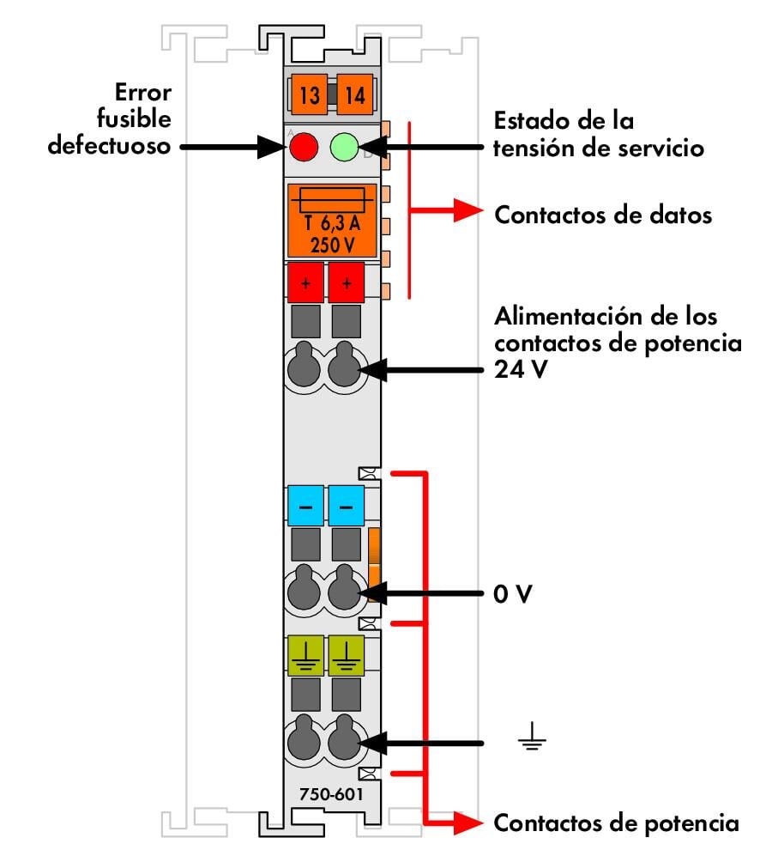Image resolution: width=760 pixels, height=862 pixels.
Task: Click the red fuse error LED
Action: (x=302, y=148)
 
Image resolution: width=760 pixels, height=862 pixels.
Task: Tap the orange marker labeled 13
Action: (x=310, y=95)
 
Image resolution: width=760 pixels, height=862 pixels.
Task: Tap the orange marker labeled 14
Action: (x=353, y=95)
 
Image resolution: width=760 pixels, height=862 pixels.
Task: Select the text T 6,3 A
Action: (x=331, y=223)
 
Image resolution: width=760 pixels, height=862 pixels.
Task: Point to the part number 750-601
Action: (x=331, y=795)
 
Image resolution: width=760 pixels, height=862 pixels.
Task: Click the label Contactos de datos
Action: (x=603, y=215)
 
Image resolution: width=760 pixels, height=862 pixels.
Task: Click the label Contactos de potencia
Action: (x=616, y=823)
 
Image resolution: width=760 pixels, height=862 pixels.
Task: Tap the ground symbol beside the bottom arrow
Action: (x=533, y=740)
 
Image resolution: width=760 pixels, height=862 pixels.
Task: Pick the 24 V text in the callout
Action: (x=517, y=372)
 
